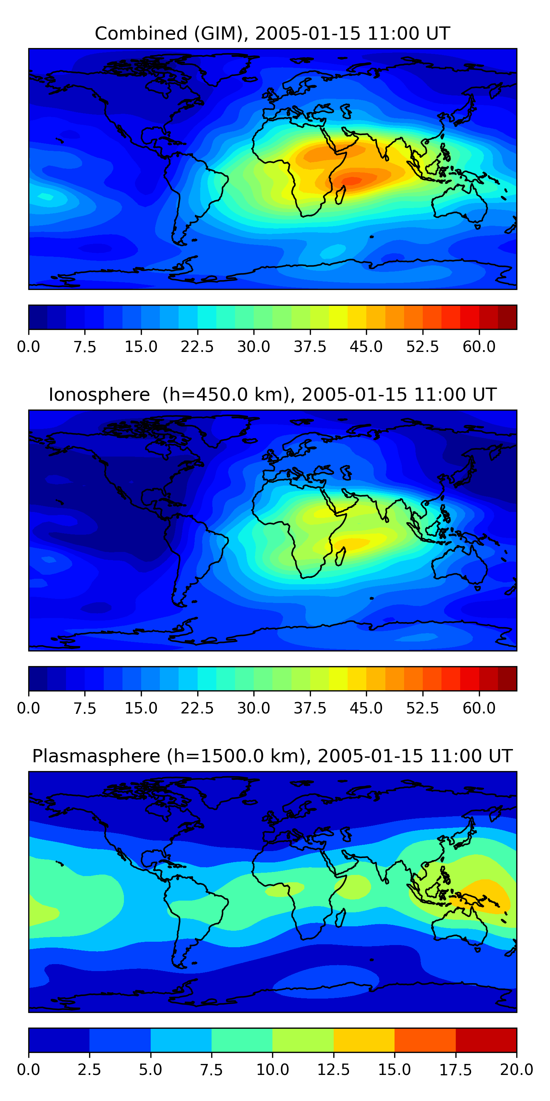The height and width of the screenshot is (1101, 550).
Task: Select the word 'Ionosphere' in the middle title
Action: pos(99,395)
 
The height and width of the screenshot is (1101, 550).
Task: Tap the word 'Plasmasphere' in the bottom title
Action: pos(96,756)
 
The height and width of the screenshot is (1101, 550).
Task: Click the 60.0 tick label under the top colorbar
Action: pos(479,346)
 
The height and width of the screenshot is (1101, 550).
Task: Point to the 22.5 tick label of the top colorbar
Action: pos(197,346)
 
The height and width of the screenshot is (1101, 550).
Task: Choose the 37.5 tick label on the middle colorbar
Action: pos(309,708)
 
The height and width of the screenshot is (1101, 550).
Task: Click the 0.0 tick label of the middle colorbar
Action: pos(29,708)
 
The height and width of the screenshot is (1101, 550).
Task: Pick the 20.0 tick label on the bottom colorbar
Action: pos(516,1070)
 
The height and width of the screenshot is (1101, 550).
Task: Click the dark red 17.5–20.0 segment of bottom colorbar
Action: pos(486,1040)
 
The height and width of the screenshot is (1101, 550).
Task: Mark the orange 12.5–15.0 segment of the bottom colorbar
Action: pos(364,1040)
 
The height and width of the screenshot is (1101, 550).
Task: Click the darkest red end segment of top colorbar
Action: pos(507,317)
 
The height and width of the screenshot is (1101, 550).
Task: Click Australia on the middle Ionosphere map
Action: pos(459,566)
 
